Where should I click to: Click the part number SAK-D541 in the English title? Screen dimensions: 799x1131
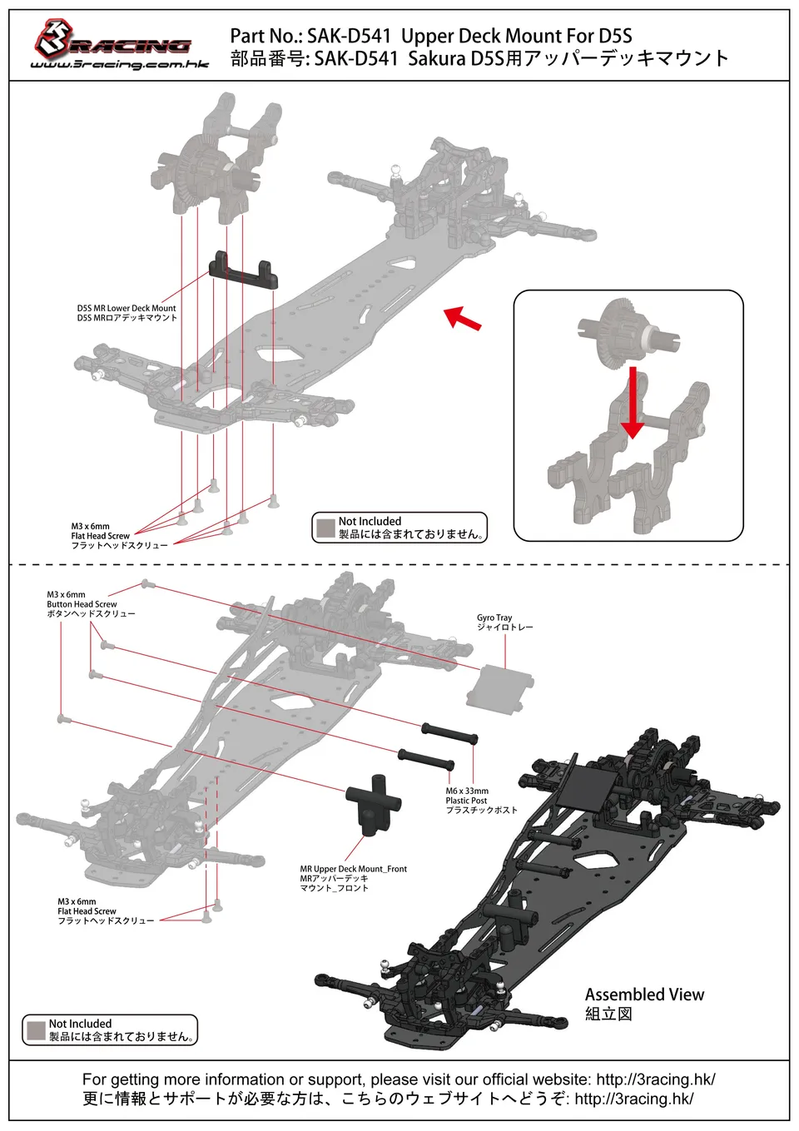(349, 37)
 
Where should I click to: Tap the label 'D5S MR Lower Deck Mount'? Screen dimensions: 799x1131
(127, 308)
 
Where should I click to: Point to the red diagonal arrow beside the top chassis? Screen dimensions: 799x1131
(462, 319)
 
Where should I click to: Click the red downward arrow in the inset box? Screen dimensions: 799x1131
(633, 402)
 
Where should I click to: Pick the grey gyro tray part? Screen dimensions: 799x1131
(499, 689)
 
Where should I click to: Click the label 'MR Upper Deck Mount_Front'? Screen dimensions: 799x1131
(353, 869)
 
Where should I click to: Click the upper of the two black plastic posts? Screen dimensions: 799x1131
(449, 733)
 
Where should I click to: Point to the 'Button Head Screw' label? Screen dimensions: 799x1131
(82, 604)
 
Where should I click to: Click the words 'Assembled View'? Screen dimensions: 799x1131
(644, 995)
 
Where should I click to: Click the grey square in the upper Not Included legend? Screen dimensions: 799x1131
(325, 528)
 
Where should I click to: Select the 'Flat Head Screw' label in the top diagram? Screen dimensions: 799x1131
(100, 536)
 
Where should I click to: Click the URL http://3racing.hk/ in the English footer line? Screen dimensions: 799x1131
(656, 1079)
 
